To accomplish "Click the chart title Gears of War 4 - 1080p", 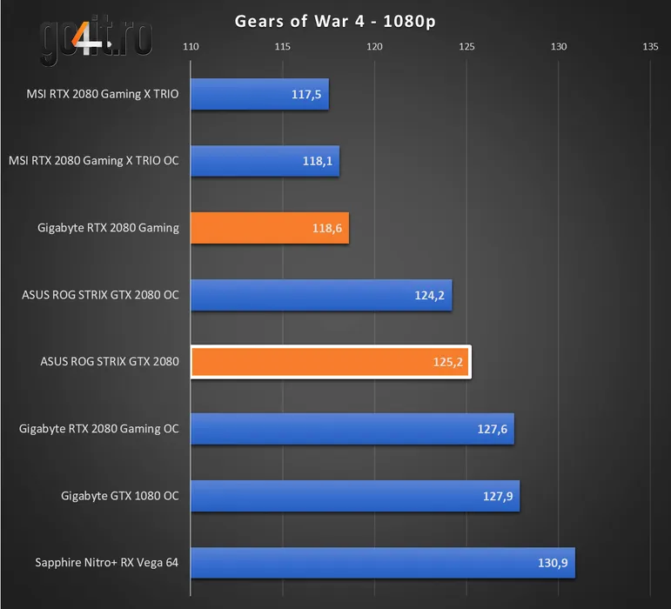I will pyautogui.click(x=335, y=21).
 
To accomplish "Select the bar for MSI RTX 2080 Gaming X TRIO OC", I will pyautogui.click(x=265, y=161).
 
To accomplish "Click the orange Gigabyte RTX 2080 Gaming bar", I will pyautogui.click(x=269, y=228).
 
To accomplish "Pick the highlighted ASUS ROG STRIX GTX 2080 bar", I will pyautogui.click(x=330, y=362).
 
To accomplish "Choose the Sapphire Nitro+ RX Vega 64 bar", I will pyautogui.click(x=382, y=563).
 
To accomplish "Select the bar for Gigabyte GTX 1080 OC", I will pyautogui.click(x=354, y=496).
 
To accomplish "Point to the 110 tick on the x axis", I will pyautogui.click(x=191, y=47).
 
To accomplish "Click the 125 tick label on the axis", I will pyautogui.click(x=466, y=47).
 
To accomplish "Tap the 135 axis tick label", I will pyautogui.click(x=650, y=47).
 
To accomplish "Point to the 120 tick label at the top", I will pyautogui.click(x=374, y=47).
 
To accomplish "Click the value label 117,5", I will pyautogui.click(x=306, y=94).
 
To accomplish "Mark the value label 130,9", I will pyautogui.click(x=553, y=563).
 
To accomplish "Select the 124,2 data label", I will pyautogui.click(x=430, y=295).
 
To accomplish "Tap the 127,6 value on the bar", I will pyautogui.click(x=492, y=429).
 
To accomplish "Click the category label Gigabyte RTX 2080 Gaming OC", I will pyautogui.click(x=99, y=429).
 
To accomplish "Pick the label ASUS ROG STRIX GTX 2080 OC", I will pyautogui.click(x=100, y=295).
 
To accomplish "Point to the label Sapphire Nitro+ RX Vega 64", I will pyautogui.click(x=107, y=563).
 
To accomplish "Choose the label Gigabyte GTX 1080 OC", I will pyautogui.click(x=120, y=496).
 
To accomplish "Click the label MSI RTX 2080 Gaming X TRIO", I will pyautogui.click(x=103, y=94).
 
